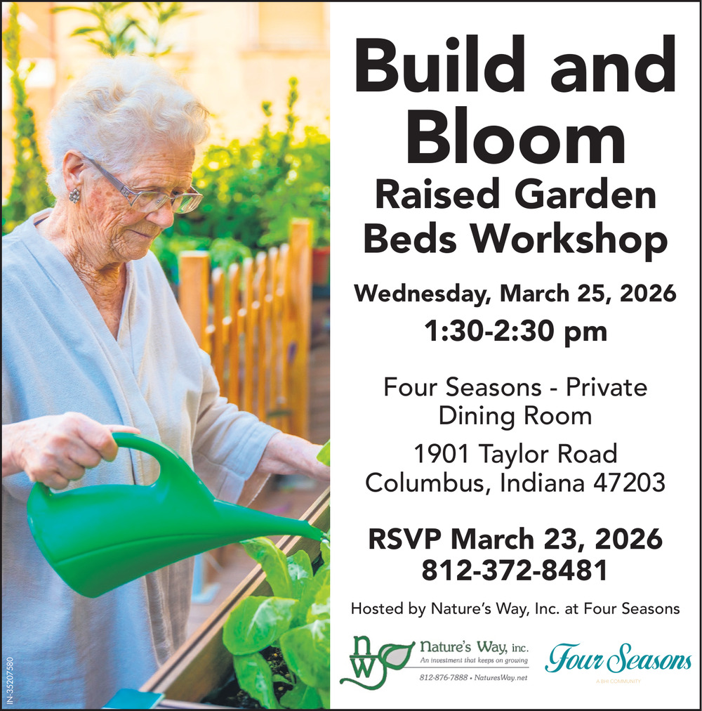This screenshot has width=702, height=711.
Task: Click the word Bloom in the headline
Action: [x=516, y=136]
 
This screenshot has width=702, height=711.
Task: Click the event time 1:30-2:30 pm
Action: [x=515, y=332]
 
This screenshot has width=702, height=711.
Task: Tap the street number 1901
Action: [x=442, y=453]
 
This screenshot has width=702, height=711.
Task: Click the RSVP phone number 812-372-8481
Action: [x=515, y=570]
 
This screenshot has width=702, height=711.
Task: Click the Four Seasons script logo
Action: [x=618, y=658]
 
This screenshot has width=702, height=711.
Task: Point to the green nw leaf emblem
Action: [x=376, y=662]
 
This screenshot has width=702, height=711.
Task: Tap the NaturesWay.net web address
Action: [x=501, y=677]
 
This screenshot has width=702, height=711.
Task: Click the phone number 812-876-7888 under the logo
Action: [x=443, y=677]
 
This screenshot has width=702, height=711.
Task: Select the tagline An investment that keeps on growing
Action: [x=474, y=660]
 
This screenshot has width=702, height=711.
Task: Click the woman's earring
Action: [x=74, y=195]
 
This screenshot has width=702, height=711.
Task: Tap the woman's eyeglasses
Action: [x=150, y=191]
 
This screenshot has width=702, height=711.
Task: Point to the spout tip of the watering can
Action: [x=324, y=537]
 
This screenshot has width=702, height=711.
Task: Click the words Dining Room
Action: [x=515, y=415]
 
